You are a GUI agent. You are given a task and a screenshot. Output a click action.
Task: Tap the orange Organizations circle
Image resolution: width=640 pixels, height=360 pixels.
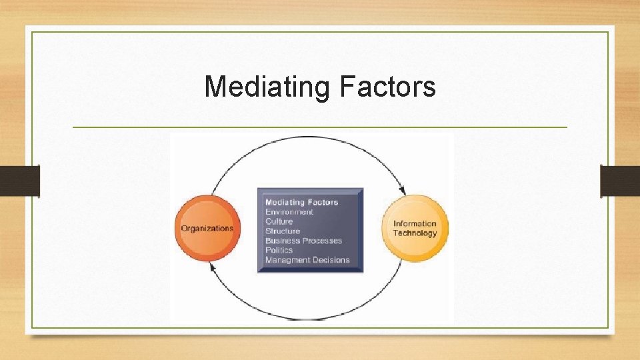click(x=207, y=228)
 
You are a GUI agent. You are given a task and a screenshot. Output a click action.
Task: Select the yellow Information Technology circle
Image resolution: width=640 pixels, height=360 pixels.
click(x=415, y=228)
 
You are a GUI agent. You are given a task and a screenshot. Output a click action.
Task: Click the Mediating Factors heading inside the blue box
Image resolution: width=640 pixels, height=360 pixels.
click(x=301, y=202)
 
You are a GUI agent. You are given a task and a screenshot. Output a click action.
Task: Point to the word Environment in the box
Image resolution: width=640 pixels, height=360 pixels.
click(x=289, y=212)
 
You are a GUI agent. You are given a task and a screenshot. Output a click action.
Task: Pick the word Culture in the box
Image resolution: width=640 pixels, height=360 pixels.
click(x=279, y=221)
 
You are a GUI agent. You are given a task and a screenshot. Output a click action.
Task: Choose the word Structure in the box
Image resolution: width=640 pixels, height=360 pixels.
click(x=283, y=231)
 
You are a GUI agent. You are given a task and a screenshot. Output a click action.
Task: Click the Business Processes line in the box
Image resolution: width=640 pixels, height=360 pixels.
click(x=303, y=241)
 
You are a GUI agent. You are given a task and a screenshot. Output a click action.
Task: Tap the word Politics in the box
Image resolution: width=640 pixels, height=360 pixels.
click(x=279, y=250)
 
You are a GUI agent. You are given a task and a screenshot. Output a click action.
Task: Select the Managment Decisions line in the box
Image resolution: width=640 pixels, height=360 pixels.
click(x=307, y=260)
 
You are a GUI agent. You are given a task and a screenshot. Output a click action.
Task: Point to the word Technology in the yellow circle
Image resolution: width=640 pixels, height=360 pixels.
click(x=415, y=233)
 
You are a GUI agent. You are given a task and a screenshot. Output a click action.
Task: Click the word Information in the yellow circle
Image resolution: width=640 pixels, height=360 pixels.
click(x=415, y=224)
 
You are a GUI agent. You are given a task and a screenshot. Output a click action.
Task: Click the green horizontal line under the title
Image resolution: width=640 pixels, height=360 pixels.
click(x=320, y=127)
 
